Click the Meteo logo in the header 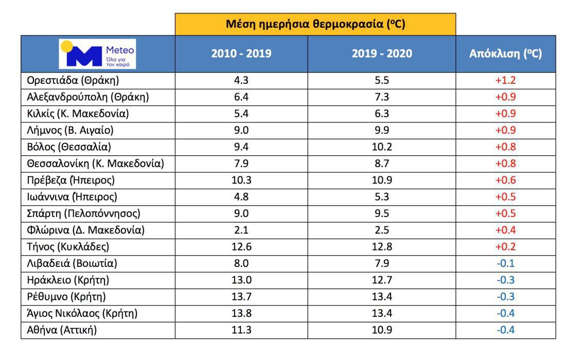[x=98, y=53]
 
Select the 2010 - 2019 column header [x=241, y=53]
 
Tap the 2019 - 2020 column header [x=382, y=53]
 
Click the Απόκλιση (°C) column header [x=505, y=53]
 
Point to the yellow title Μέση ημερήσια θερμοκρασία [x=315, y=24]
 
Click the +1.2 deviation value [x=505, y=80]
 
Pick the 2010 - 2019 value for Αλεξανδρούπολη [x=241, y=97]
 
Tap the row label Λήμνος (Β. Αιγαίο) [x=70, y=130]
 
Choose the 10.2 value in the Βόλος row [x=382, y=147]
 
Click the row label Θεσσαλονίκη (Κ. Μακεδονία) [x=95, y=164]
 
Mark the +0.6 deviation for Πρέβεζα [x=505, y=181]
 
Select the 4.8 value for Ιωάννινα [x=241, y=197]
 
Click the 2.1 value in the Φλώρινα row [x=241, y=230]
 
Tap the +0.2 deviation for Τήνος [x=505, y=247]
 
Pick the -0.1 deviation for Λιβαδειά [x=505, y=264]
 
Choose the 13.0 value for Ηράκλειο [x=241, y=280]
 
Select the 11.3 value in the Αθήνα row [x=241, y=330]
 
